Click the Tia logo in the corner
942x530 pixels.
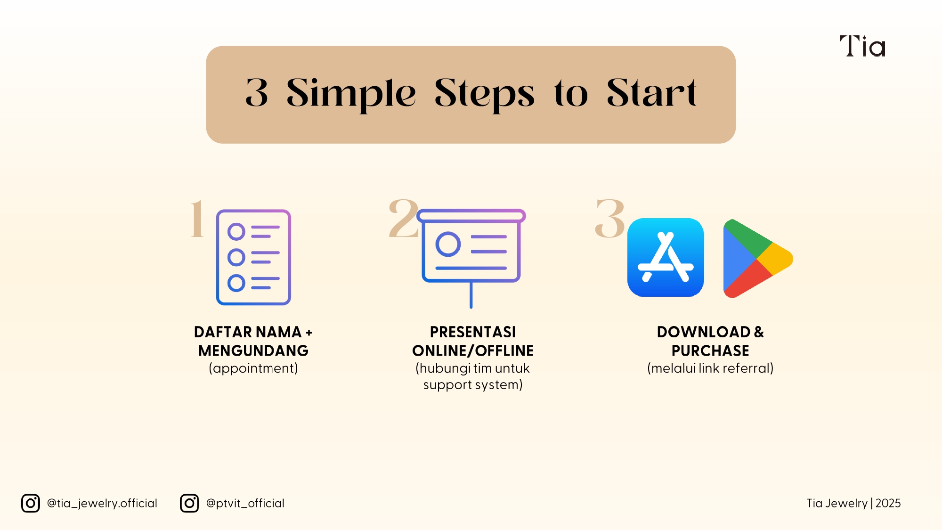(862, 46)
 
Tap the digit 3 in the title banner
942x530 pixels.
(257, 92)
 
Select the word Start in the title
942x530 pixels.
(651, 92)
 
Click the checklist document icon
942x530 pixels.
(253, 257)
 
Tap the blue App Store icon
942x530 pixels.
(666, 257)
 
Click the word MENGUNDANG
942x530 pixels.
(253, 351)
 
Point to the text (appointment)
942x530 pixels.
(253, 368)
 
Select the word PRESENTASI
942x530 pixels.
(473, 332)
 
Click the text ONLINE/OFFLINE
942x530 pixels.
(473, 351)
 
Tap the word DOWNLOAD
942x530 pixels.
(704, 332)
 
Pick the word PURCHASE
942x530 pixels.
(710, 351)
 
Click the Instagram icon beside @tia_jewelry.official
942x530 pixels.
(31, 503)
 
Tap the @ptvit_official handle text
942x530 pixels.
(245, 503)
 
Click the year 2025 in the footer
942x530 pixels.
(888, 503)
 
